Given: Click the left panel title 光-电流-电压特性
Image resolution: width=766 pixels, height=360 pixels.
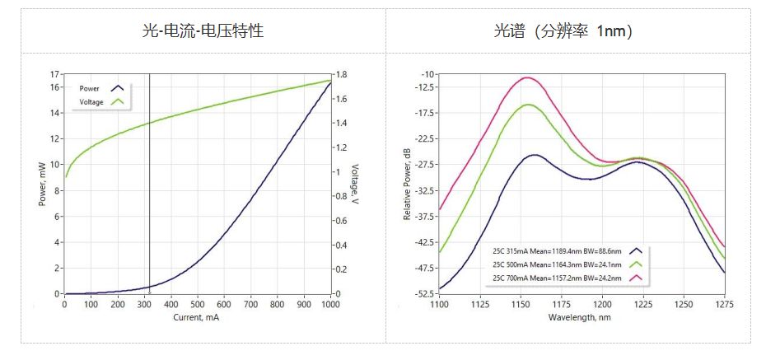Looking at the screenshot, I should click(x=203, y=31).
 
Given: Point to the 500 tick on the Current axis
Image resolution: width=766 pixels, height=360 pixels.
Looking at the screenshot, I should click(x=198, y=304).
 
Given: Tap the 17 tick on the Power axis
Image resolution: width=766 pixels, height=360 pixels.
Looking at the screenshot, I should click(x=54, y=74).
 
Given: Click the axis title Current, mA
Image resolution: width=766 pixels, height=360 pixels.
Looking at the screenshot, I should click(x=197, y=317).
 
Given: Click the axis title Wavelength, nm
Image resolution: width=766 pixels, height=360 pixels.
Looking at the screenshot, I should click(x=582, y=317).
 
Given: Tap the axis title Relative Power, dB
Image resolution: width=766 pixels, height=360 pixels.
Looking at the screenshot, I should click(x=407, y=184).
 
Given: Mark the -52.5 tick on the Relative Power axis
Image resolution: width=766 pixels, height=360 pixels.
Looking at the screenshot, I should click(x=424, y=294).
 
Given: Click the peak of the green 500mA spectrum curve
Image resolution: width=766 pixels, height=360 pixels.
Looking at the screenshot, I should click(x=528, y=105).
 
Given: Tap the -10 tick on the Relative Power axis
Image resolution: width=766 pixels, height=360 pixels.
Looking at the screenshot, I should click(x=428, y=74).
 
